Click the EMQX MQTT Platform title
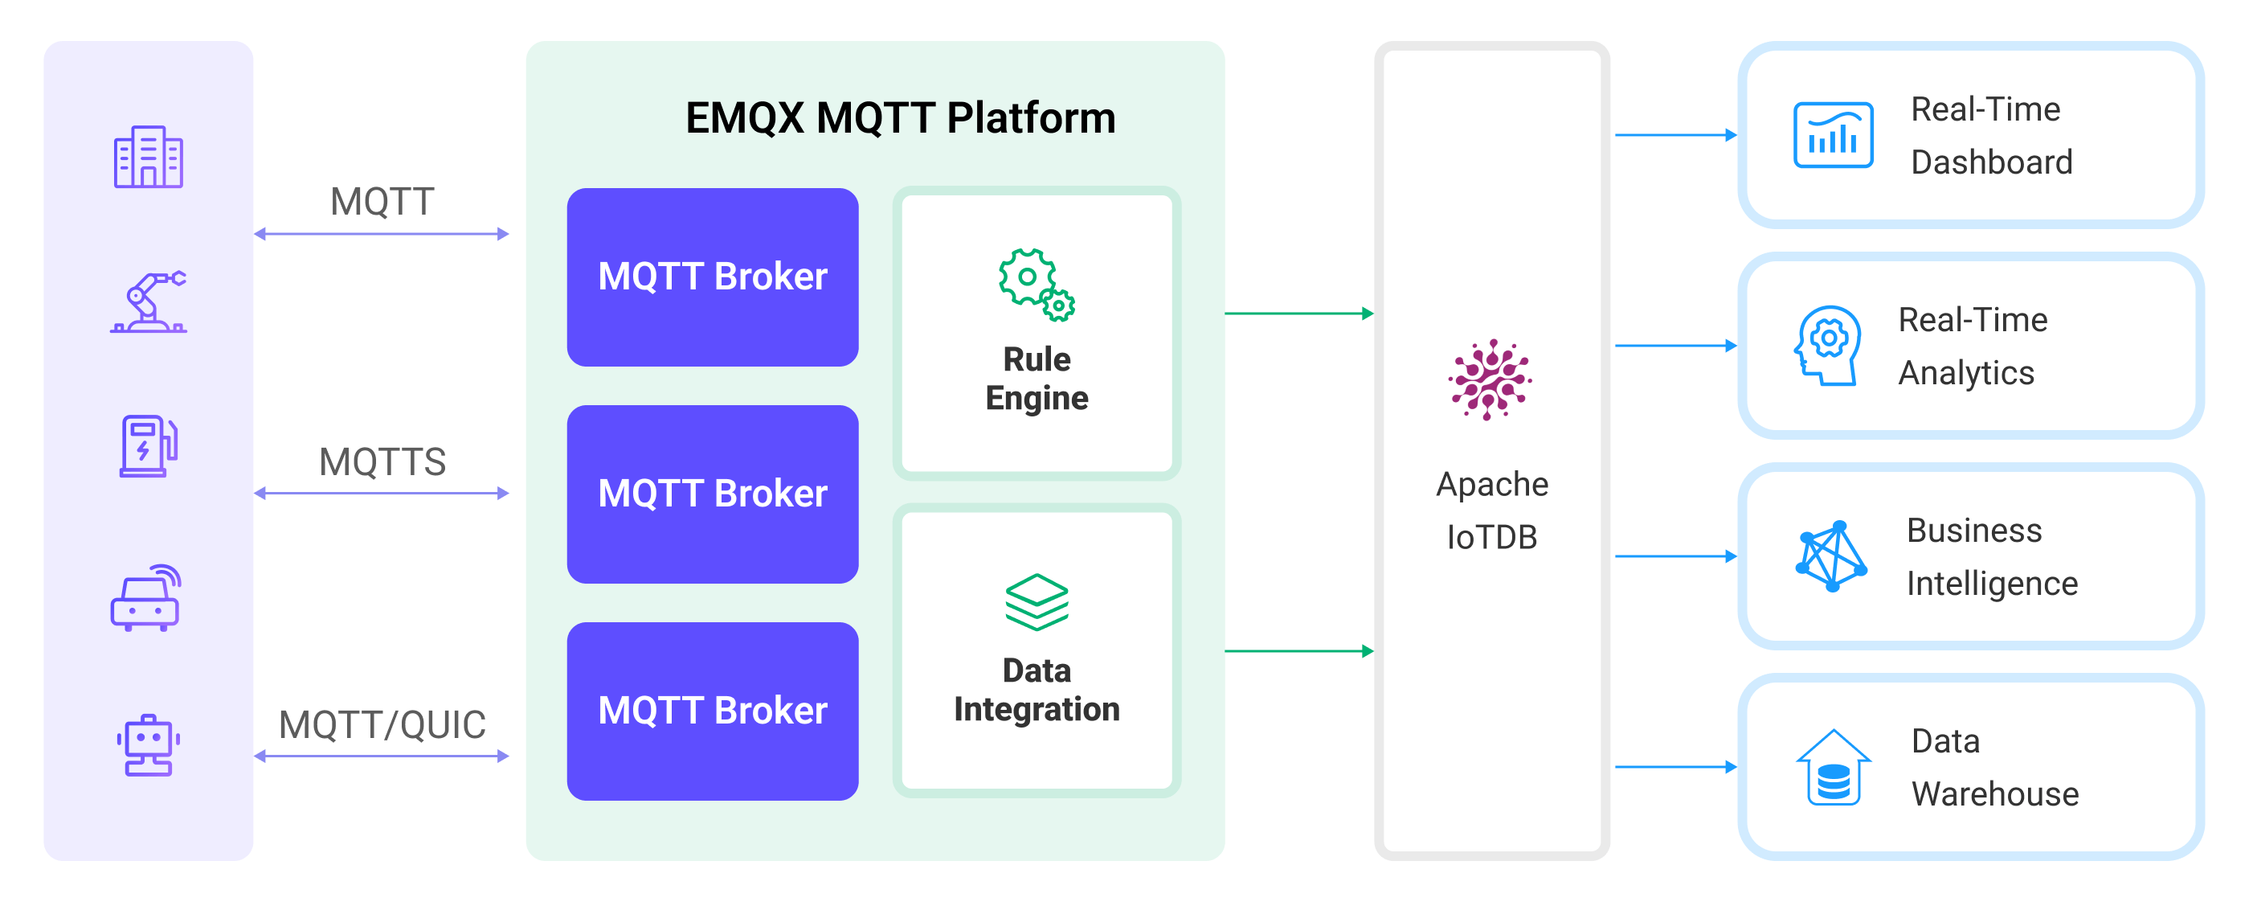coord(899,118)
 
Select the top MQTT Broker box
coord(713,277)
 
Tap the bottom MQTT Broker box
coord(713,711)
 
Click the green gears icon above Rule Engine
coord(1037,285)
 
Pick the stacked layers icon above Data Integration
coord(1037,601)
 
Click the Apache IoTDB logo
coord(1490,379)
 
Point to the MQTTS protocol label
coord(382,462)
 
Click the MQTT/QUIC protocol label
coord(382,725)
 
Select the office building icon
coord(149,158)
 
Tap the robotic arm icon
coord(149,302)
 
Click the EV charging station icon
coord(149,446)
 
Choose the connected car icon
coord(145,598)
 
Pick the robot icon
coord(149,744)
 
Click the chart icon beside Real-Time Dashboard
coord(1833,134)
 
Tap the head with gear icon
coord(1827,345)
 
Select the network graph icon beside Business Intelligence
coord(1831,556)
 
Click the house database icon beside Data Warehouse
coord(1833,768)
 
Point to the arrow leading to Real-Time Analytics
coord(1674,346)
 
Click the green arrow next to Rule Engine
coord(1298,314)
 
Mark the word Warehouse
coord(1995,794)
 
